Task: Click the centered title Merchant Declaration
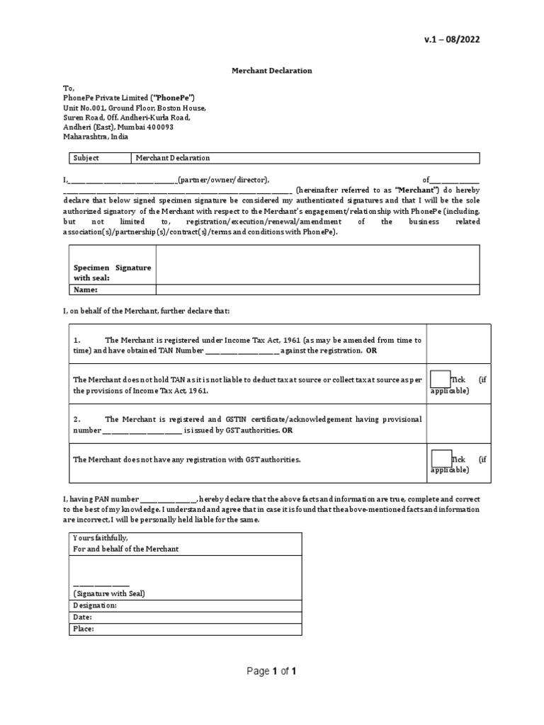coord(272,71)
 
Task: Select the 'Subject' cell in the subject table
coord(86,159)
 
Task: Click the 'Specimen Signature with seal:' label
coord(112,273)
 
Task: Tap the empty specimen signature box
coord(317,264)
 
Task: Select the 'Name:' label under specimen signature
coord(86,290)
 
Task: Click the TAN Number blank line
coord(242,350)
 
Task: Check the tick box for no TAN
coord(441,380)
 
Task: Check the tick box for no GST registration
coord(441,459)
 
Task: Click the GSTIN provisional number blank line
coord(143,430)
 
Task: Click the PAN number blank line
coord(168,499)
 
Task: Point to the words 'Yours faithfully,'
coord(101,539)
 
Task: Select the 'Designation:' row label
coord(96,605)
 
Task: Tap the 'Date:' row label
coord(83,617)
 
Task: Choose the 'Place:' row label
coord(84,629)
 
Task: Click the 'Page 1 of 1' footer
coord(271,672)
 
